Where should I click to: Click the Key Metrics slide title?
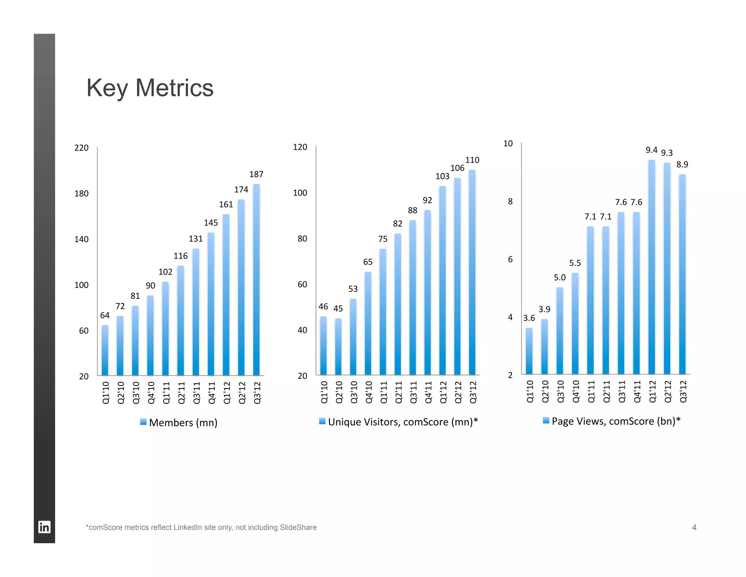150,88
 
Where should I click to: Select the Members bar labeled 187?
256,279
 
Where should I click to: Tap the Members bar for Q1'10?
105,350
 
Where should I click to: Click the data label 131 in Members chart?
196,239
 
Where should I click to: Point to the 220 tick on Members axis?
81,148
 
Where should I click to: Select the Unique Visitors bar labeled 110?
472,272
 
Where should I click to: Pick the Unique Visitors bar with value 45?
338,346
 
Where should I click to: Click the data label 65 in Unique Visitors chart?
368,262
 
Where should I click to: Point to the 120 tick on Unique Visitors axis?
300,147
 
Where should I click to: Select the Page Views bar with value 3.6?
529,351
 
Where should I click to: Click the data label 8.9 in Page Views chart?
682,164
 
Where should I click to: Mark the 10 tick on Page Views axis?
508,143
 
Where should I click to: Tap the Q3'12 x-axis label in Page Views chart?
683,391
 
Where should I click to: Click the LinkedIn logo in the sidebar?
44,527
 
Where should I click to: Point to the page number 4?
694,527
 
